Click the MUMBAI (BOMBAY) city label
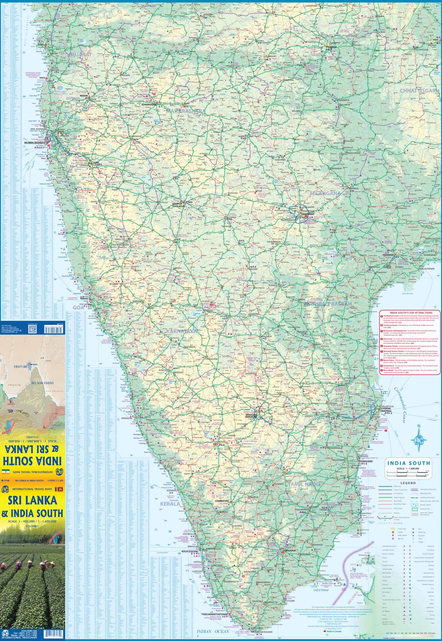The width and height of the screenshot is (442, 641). click(x=34, y=143)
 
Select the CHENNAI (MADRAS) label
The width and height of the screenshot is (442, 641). click(x=386, y=409)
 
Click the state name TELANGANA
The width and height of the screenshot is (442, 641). click(x=325, y=193)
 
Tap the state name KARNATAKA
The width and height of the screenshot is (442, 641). click(x=182, y=331)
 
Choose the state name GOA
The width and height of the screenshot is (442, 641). click(x=78, y=307)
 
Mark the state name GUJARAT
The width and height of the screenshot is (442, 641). click(x=80, y=54)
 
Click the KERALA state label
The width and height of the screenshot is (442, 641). click(x=170, y=504)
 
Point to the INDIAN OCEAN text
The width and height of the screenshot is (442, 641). click(x=213, y=631)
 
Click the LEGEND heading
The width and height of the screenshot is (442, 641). click(x=408, y=483)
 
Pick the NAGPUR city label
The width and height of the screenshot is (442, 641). click(x=332, y=47)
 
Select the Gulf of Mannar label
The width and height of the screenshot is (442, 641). click(x=321, y=590)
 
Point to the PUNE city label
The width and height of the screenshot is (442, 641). click(x=96, y=163)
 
